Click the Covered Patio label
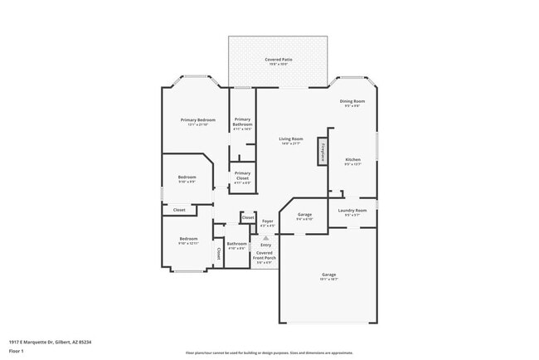[x=279, y=60]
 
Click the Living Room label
[x=290, y=139]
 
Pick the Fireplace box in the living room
[x=323, y=153]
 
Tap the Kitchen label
[x=352, y=159]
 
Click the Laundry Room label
[x=352, y=211]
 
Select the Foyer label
[x=268, y=221]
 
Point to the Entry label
[x=265, y=245]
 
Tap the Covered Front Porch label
[x=264, y=255]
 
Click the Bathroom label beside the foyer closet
[x=237, y=244]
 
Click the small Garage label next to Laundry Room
[x=304, y=215]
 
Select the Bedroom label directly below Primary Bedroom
[x=187, y=178]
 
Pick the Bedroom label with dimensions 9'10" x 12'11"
[x=188, y=240]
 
